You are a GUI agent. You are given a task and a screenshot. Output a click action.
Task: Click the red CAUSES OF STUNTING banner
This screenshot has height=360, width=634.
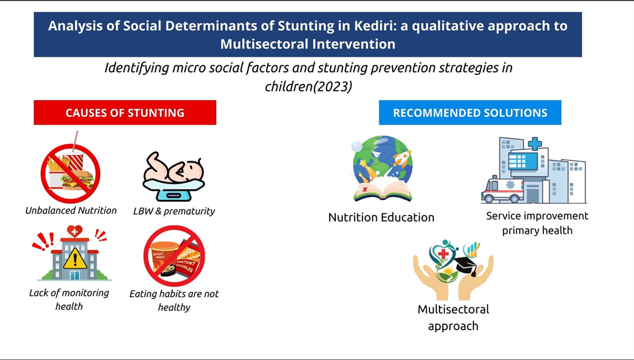tap(125, 112)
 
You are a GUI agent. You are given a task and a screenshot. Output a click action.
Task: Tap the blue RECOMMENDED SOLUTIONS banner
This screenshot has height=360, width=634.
tap(470, 112)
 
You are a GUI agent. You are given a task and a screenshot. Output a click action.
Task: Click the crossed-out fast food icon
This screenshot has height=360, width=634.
tap(71, 173)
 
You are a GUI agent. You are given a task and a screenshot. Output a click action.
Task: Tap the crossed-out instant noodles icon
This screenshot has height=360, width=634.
tap(175, 256)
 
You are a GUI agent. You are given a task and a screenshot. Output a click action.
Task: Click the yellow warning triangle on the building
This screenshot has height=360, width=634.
tap(75, 259)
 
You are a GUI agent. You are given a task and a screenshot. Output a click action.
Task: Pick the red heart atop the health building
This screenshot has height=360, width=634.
tap(74, 231)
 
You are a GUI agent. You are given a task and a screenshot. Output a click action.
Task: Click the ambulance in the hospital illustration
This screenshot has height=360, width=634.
tap(502, 190)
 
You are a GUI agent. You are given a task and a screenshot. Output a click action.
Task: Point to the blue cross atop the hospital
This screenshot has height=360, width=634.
tap(535, 144)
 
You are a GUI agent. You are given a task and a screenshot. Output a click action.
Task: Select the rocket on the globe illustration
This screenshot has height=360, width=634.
tap(402, 159)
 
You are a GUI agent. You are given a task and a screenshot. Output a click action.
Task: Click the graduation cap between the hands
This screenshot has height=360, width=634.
tap(466, 265)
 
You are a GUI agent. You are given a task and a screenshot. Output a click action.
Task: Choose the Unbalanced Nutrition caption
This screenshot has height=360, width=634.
tap(71, 210)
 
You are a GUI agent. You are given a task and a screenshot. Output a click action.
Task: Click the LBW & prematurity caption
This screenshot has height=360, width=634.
tap(174, 211)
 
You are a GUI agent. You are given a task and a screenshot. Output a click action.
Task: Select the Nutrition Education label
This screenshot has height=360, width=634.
tap(381, 217)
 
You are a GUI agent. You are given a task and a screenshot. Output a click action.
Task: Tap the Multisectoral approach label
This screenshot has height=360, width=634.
tap(453, 318)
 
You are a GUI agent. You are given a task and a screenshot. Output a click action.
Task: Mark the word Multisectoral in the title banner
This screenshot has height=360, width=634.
tap(264, 43)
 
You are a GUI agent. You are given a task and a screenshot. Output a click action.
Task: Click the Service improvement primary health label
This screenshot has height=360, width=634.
tap(537, 223)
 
